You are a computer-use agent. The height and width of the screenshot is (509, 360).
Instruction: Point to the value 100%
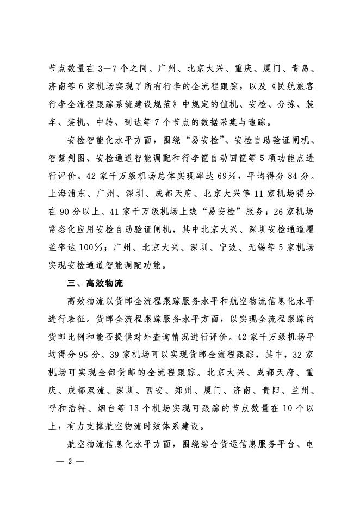pos(80,248)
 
